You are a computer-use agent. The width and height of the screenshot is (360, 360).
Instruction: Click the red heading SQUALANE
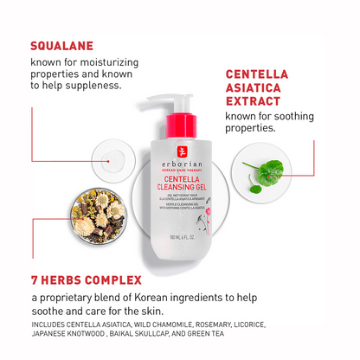pyautogui.click(x=62, y=46)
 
